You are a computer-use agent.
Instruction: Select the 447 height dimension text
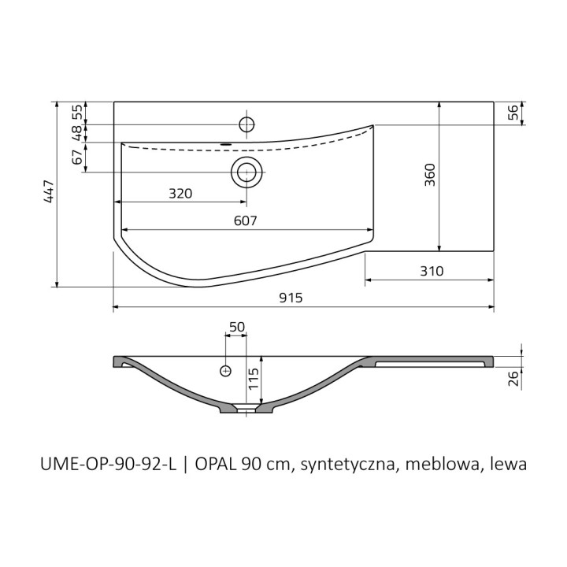48,194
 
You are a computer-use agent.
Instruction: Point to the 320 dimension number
180,194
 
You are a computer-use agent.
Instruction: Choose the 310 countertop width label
432,271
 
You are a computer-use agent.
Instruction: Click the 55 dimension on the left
77,112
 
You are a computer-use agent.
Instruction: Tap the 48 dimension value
77,133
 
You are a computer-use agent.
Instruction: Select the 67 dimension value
77,157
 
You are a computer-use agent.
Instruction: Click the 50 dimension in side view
236,326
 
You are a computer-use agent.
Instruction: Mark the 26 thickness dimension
513,380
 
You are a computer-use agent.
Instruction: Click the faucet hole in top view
246,124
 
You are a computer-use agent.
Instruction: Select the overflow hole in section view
226,369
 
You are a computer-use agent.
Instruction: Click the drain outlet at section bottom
247,409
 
